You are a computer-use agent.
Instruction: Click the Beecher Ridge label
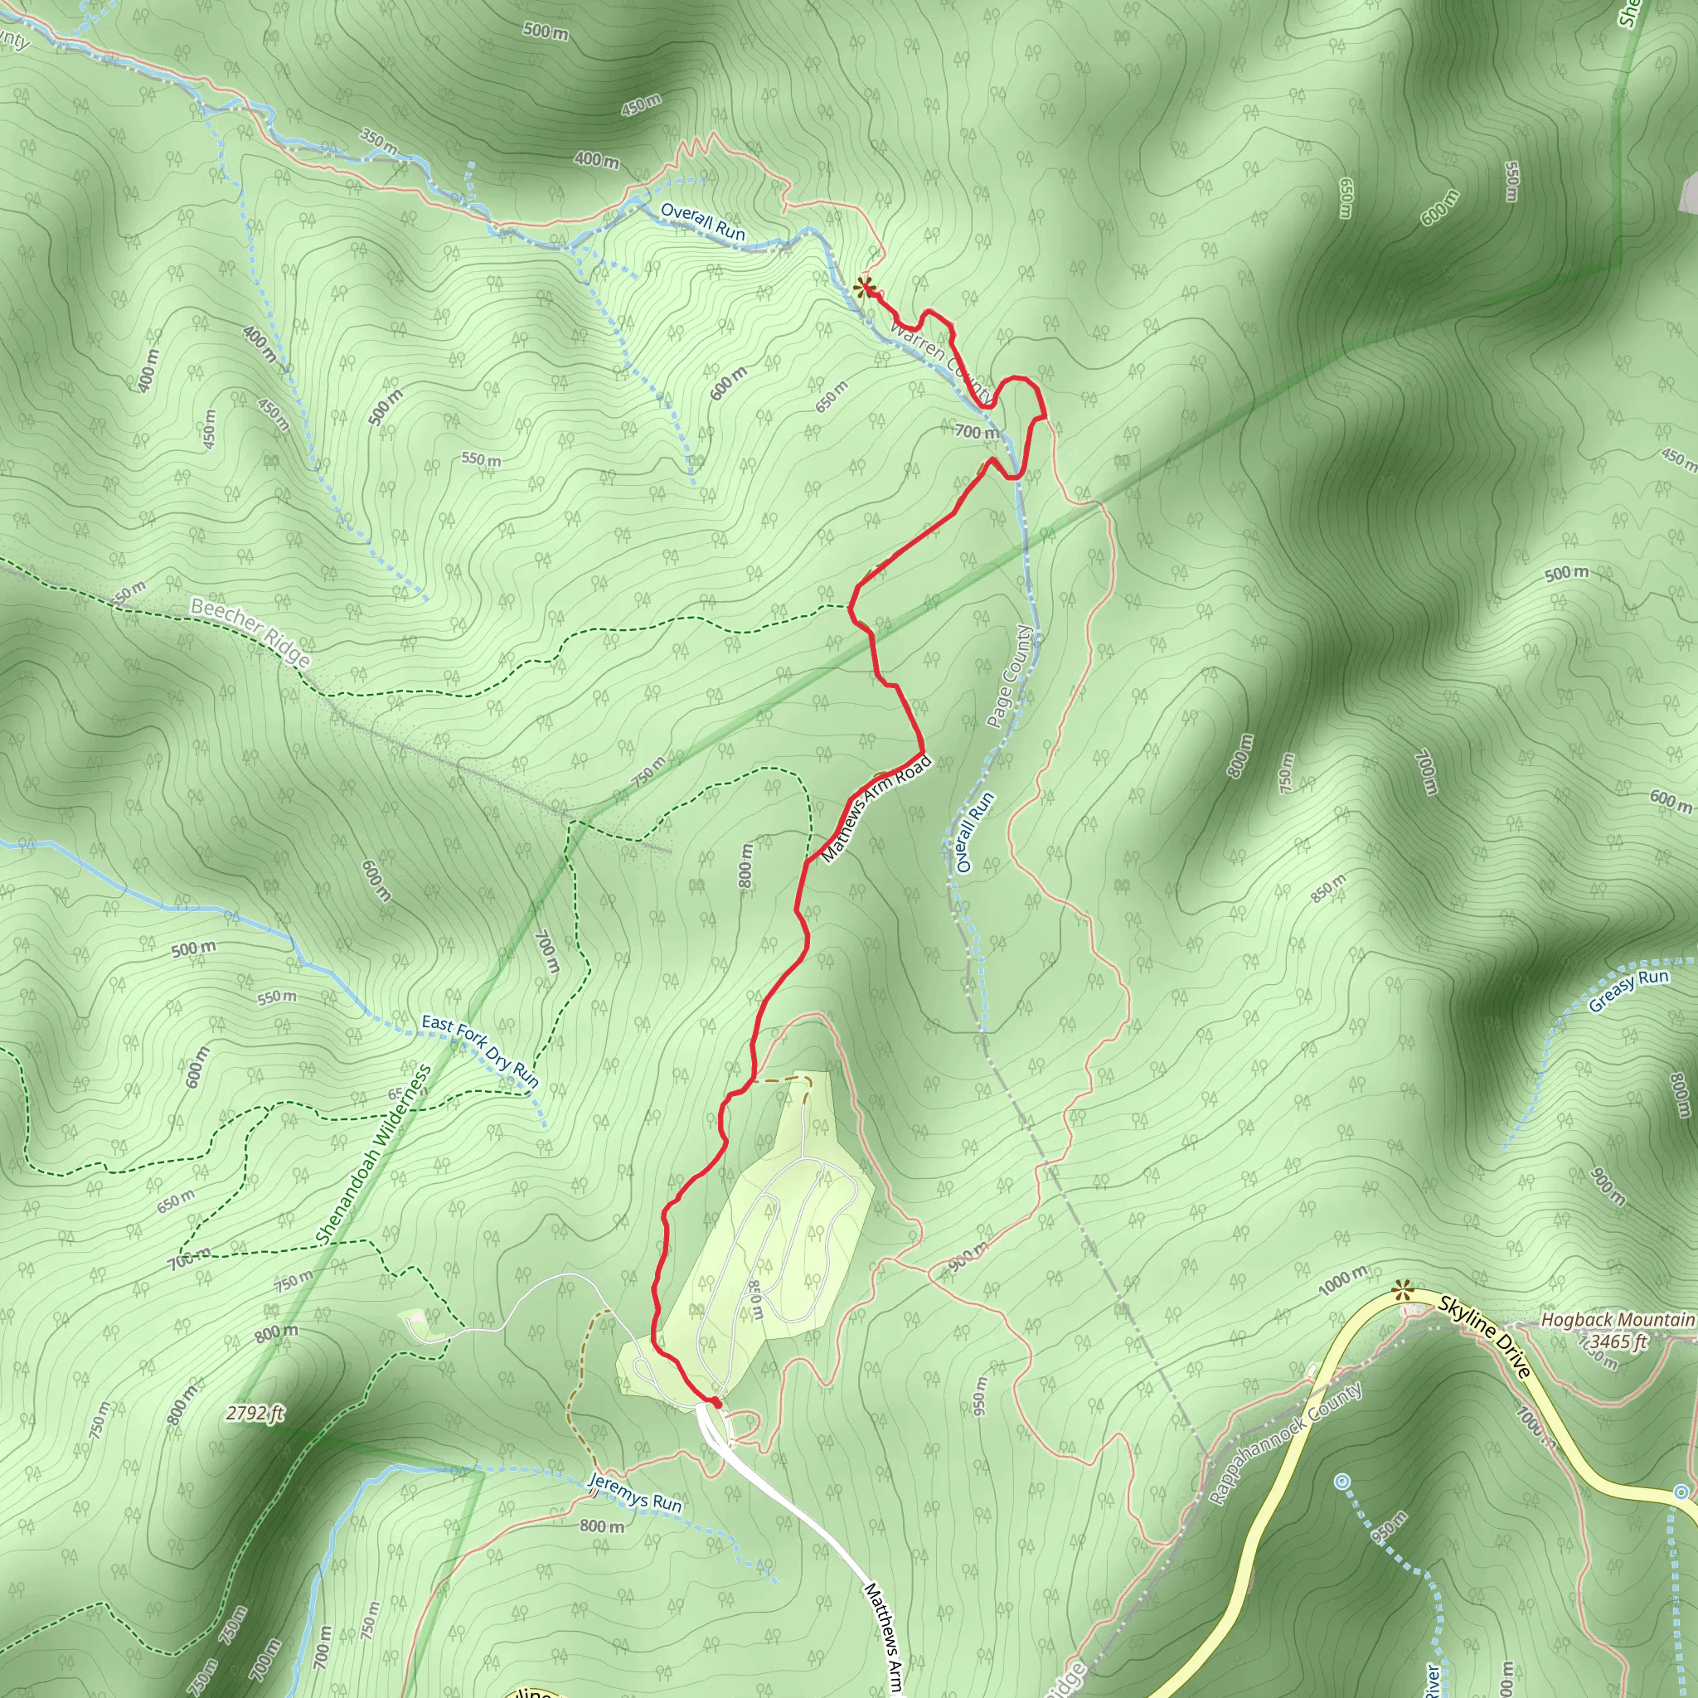250,632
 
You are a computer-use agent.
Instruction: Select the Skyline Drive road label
1484,1337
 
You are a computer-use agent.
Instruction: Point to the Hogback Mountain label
1617,1319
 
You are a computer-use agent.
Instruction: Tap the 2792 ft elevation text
255,1414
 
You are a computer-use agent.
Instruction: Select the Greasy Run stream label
1628,990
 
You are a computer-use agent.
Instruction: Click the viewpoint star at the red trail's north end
865,287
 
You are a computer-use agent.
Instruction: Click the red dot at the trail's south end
716,1403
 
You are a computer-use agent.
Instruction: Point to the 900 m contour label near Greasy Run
1608,1186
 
